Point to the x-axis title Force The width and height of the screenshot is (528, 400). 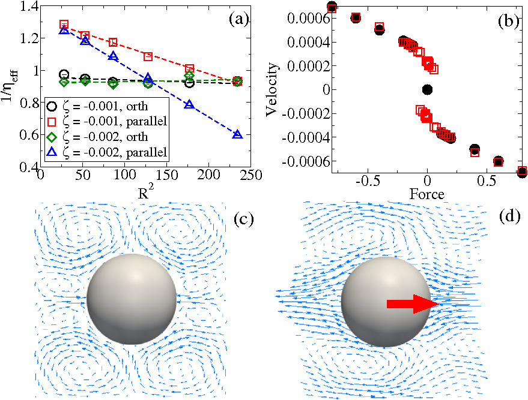click(x=427, y=194)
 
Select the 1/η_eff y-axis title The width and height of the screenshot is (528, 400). click(x=11, y=89)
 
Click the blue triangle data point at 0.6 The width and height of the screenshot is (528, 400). click(x=237, y=135)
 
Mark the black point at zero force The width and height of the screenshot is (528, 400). click(x=427, y=89)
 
